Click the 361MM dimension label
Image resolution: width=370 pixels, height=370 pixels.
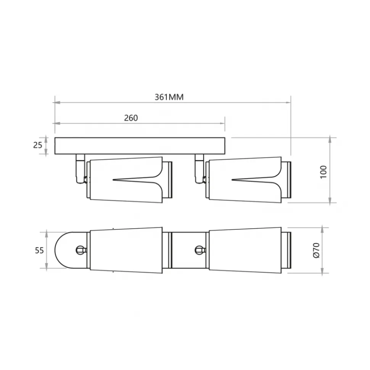click(x=169, y=97)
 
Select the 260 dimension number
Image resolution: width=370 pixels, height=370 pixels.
click(x=131, y=118)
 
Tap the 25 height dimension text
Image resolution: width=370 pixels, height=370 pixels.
click(x=37, y=145)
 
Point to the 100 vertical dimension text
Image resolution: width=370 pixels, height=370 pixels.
click(x=323, y=172)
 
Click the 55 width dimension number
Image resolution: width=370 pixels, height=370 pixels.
click(x=39, y=250)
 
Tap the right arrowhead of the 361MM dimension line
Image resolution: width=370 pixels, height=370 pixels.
click(x=288, y=103)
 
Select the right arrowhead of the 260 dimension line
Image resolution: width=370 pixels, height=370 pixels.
click(x=222, y=123)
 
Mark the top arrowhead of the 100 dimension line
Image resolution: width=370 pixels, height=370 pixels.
click(x=330, y=140)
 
